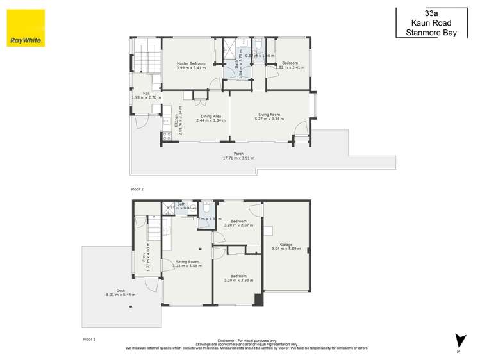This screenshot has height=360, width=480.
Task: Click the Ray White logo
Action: tap(26, 29)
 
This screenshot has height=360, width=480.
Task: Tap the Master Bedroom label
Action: tap(192, 63)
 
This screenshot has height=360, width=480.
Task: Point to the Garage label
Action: tap(281, 244)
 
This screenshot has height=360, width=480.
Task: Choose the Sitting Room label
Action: tap(187, 262)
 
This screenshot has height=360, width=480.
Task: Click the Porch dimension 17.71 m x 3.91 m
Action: tap(238, 158)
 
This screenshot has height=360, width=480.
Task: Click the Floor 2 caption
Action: tap(137, 190)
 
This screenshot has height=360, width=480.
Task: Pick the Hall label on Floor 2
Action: tap(137, 93)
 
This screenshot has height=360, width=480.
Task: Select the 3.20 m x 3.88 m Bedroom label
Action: tap(238, 277)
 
